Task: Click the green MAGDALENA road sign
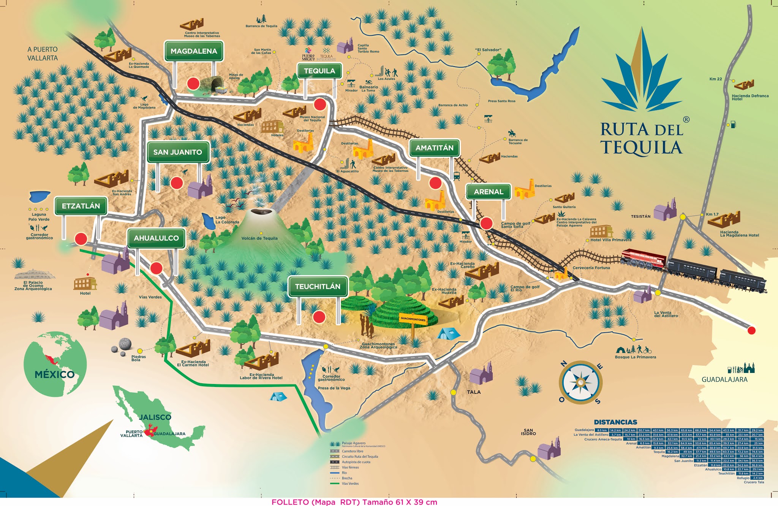coord(194,51)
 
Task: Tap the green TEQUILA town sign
coord(319,71)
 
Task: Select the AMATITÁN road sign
coord(434,148)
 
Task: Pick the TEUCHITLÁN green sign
coord(318,287)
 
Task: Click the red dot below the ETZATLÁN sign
coord(81,239)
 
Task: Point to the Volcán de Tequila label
coord(259,238)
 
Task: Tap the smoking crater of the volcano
coord(261,211)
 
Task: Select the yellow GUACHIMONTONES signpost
coord(413,319)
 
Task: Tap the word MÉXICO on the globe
coord(55,374)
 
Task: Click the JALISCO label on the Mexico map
coord(155,417)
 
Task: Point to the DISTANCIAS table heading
coord(615,422)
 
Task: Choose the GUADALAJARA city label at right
coord(724,379)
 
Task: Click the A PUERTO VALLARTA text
coord(43,54)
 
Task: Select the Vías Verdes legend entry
coord(350,484)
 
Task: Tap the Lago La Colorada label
coord(227,220)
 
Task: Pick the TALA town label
coord(474,392)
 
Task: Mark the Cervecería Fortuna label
coord(591,268)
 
